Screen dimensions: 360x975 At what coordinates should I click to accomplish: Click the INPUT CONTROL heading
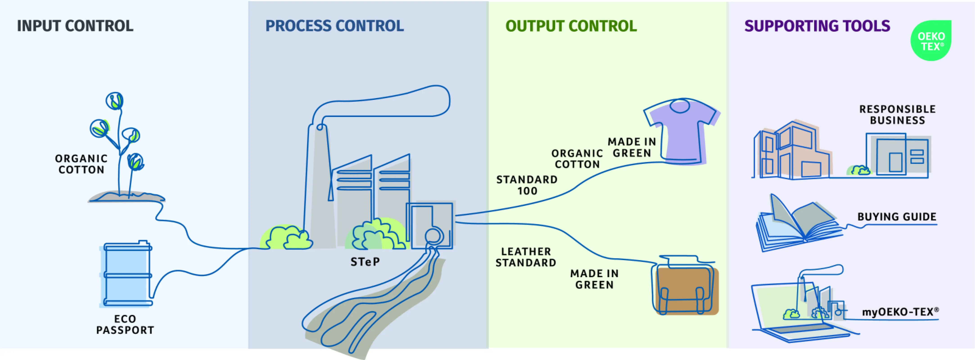75,26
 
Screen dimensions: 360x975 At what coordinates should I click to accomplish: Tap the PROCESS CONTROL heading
335,26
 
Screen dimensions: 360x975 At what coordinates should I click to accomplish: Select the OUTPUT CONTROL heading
571,26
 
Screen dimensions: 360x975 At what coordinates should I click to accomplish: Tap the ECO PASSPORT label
125,324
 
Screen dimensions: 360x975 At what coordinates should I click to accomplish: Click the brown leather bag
686,290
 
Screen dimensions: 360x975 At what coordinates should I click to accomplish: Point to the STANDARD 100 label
527,185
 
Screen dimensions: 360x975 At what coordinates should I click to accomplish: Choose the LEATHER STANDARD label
526,257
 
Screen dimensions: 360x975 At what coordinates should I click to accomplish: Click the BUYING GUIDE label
897,217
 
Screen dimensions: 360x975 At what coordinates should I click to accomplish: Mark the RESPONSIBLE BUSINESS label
897,115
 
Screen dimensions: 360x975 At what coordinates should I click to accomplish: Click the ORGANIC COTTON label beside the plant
81,164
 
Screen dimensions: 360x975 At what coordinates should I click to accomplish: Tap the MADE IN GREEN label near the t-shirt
632,147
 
